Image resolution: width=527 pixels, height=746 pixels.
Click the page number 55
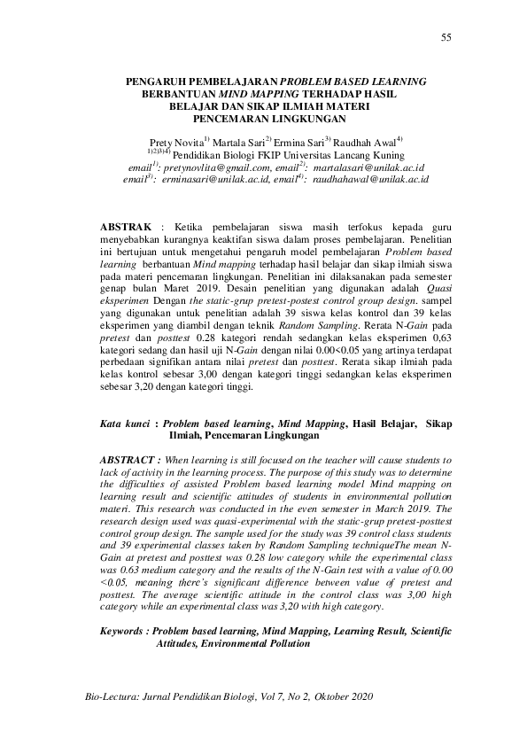pos(446,36)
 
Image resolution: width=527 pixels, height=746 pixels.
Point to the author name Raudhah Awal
pos(368,142)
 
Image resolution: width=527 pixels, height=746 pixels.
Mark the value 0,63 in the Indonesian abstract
pos(438,351)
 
